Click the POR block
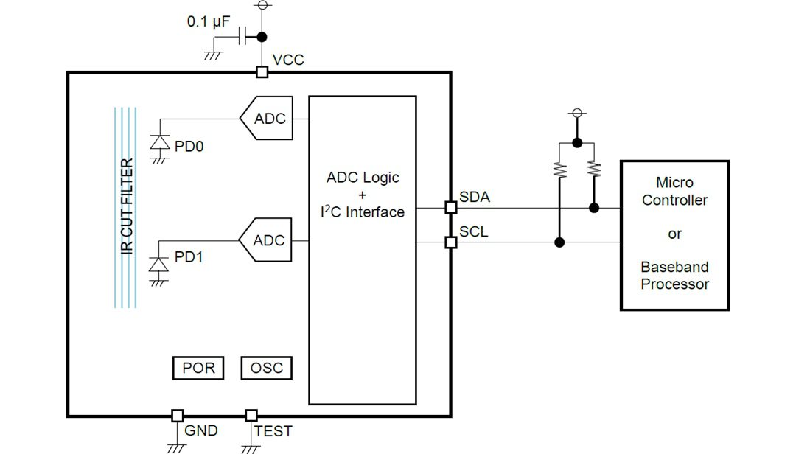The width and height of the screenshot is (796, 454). [x=198, y=368]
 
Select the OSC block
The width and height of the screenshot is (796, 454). [x=266, y=368]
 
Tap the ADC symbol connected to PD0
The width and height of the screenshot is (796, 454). [x=266, y=119]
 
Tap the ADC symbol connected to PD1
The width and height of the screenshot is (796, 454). [x=266, y=240]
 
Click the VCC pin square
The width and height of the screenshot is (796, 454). [x=262, y=72]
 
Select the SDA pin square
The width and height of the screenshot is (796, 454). [x=451, y=208]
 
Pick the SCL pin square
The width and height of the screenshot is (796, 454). [x=451, y=242]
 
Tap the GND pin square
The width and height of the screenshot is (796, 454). [x=177, y=416]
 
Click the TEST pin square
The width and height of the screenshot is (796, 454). [x=251, y=416]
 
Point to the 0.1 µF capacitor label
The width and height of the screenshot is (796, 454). [x=209, y=22]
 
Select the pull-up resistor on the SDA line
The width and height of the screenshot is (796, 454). [x=594, y=170]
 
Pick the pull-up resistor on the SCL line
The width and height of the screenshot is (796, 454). [x=560, y=170]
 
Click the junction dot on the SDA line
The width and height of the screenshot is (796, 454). [x=594, y=208]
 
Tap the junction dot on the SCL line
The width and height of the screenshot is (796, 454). [x=560, y=242]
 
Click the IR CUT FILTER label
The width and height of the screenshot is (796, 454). [x=127, y=207]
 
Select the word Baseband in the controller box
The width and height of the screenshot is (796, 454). [x=674, y=267]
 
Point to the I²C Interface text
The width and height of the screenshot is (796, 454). [x=363, y=212]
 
